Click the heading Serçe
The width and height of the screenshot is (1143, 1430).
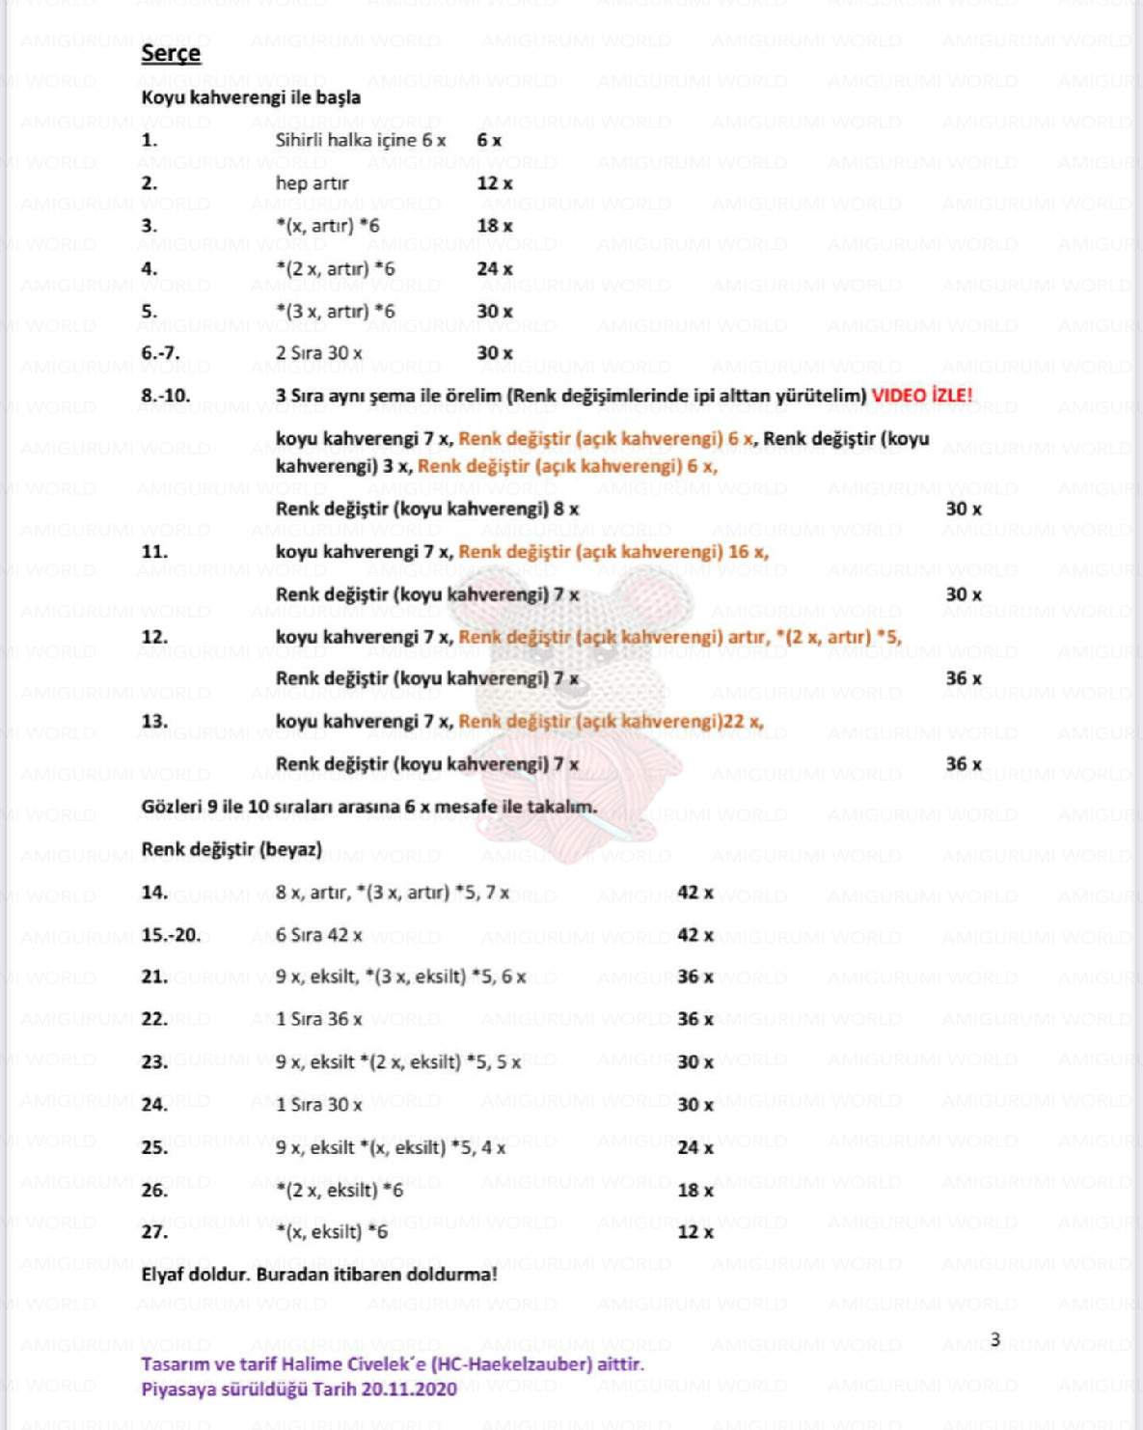click(171, 54)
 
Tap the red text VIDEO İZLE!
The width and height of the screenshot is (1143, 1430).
click(922, 396)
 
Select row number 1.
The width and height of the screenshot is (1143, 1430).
click(150, 141)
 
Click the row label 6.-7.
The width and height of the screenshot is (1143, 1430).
click(160, 353)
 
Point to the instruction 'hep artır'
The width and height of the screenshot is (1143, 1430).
click(312, 183)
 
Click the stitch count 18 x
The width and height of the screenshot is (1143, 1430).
click(494, 226)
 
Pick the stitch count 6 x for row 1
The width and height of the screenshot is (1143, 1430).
click(489, 141)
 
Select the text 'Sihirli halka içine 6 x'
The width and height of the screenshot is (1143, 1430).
click(361, 141)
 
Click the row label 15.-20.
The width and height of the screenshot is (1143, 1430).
click(171, 935)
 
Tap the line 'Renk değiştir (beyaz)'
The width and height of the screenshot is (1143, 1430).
click(231, 849)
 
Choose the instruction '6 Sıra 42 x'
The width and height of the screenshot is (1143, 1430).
click(319, 935)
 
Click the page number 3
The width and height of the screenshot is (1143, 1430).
click(995, 1339)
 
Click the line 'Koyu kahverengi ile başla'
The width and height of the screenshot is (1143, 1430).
click(251, 97)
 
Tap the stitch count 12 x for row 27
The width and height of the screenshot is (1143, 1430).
click(694, 1232)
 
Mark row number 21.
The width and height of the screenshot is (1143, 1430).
click(154, 977)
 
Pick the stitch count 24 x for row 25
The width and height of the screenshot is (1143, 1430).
click(694, 1147)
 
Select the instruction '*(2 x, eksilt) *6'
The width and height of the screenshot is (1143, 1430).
click(340, 1190)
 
